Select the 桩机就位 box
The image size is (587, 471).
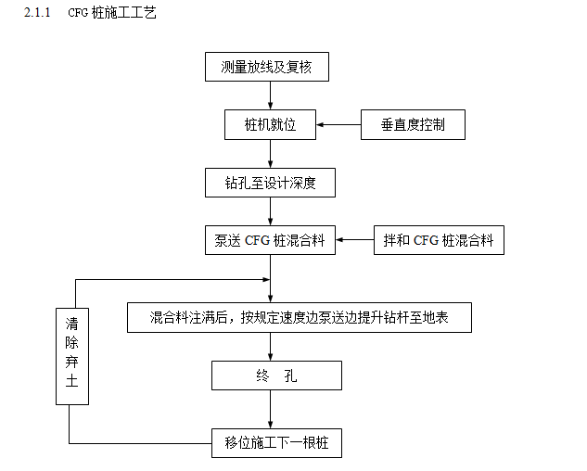click(x=269, y=124)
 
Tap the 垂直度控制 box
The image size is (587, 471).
click(x=412, y=124)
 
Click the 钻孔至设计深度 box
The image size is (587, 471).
click(x=269, y=183)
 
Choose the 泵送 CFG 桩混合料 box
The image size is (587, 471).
click(x=269, y=240)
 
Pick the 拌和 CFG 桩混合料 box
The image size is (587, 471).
click(x=438, y=240)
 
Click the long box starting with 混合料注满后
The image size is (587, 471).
click(x=300, y=317)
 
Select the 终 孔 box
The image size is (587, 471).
click(x=276, y=376)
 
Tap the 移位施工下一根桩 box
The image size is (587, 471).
click(x=276, y=443)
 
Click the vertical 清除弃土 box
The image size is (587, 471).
click(x=72, y=356)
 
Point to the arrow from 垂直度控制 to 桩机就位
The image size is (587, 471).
click(x=338, y=124)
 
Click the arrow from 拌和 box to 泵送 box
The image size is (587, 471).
click(x=354, y=240)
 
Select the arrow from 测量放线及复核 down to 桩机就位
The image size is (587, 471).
click(x=269, y=95)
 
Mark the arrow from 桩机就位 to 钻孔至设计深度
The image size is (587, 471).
click(x=269, y=153)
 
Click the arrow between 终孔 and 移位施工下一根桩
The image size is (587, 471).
click(x=270, y=409)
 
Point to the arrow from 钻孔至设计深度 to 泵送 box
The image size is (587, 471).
click(x=269, y=211)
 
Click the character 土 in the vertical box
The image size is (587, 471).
click(x=72, y=382)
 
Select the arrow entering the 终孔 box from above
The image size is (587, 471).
click(x=270, y=347)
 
